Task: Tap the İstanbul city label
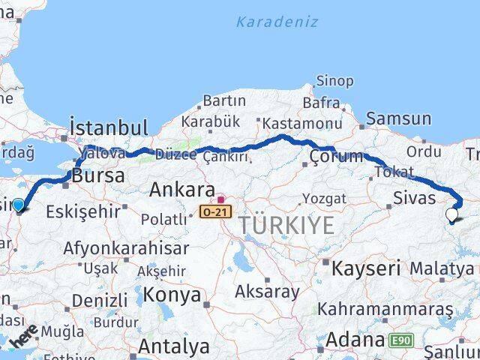pos(108,127)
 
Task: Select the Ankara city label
pos(181,190)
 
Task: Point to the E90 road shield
pos(400,341)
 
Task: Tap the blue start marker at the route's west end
pos(18,204)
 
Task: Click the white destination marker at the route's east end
pos(451,215)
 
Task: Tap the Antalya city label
pos(173,346)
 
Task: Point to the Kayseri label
pos(366,268)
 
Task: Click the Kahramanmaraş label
pos(385,309)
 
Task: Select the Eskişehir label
pos(82,212)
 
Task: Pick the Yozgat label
pos(324,199)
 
